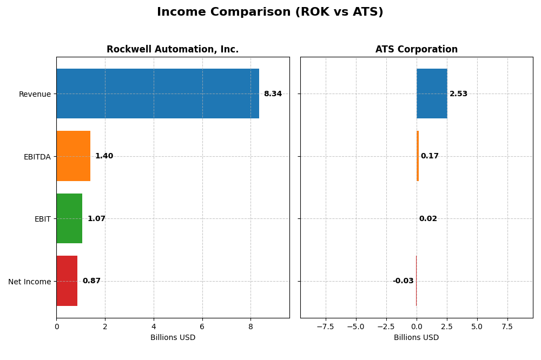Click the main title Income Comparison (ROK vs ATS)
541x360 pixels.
[270, 12]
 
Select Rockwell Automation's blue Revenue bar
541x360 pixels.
[157, 94]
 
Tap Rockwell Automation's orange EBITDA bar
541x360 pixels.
[73, 156]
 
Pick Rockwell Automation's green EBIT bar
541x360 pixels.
[69, 218]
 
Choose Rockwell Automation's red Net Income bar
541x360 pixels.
[67, 281]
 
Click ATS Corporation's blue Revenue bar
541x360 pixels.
[432, 94]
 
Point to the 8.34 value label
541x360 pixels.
[273, 94]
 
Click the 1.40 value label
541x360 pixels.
[104, 156]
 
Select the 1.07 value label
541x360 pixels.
[96, 219]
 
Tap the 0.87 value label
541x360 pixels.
[91, 281]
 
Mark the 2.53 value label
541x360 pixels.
[458, 94]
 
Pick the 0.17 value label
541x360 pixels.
[430, 156]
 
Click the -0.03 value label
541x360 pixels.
[403, 281]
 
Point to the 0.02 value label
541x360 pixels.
[428, 219]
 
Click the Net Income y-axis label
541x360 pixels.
[30, 282]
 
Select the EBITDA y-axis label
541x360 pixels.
[37, 157]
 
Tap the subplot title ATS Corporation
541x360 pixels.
[417, 50]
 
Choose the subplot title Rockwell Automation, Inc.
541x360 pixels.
[173, 50]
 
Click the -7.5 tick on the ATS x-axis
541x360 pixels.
[325, 326]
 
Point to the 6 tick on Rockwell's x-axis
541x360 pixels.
[202, 326]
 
